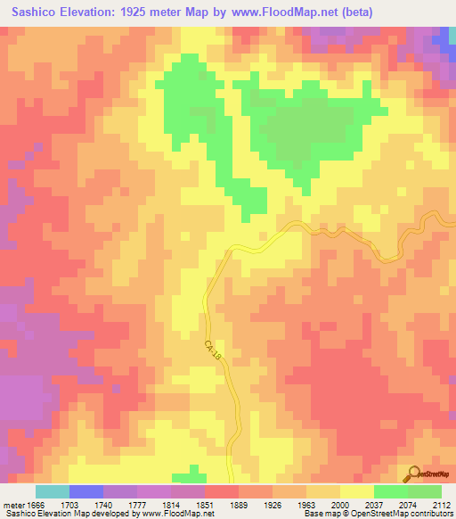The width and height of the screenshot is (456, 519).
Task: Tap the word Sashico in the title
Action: pos(38,12)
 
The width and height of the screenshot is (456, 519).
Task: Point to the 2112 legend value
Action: pos(443,504)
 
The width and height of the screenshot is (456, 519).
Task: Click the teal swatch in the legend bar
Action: pos(52,491)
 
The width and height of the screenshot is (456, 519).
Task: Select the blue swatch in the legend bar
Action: pos(85,491)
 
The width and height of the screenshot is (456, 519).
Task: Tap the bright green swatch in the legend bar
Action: pos(390,491)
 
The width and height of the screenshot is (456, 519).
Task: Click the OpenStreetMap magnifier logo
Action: pos(412,474)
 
